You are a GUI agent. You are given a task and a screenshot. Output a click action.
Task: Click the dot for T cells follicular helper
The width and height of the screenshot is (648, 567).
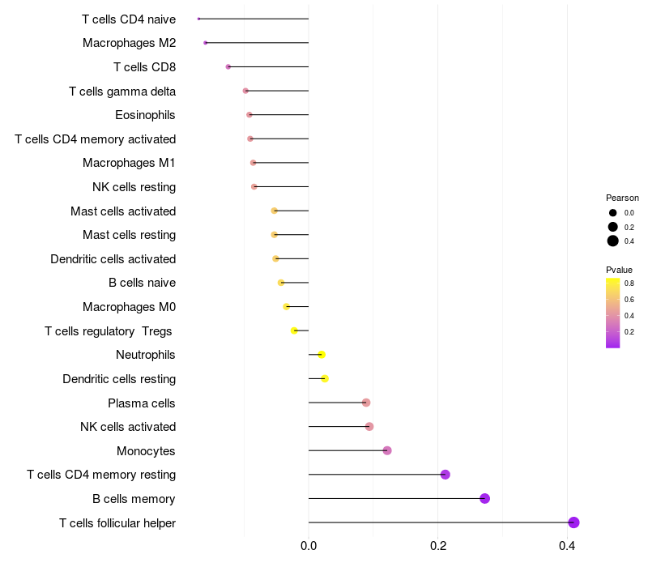(573, 522)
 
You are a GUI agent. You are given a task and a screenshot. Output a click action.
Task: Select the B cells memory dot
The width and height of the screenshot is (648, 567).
(484, 498)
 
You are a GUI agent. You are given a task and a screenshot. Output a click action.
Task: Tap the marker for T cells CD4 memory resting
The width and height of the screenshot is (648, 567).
(445, 475)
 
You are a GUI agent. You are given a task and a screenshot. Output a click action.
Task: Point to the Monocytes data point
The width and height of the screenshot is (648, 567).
(387, 450)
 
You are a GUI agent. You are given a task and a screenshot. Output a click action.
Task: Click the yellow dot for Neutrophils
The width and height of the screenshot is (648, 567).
(322, 355)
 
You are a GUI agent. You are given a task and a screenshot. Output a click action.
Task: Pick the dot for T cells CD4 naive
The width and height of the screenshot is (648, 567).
(198, 19)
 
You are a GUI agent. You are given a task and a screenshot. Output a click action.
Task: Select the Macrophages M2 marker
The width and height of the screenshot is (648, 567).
(206, 42)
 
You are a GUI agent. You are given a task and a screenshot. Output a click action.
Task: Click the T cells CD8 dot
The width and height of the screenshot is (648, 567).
(228, 66)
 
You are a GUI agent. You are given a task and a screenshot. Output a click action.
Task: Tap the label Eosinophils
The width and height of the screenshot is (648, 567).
(145, 115)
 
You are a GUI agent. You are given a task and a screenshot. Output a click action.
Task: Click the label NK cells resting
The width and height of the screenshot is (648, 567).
(134, 187)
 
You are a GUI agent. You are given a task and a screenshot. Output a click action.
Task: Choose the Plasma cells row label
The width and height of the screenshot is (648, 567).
(142, 403)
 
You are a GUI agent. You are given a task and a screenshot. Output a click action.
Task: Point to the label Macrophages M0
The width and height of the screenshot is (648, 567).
(129, 307)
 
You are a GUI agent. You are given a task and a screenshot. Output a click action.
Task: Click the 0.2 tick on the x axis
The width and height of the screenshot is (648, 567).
(438, 545)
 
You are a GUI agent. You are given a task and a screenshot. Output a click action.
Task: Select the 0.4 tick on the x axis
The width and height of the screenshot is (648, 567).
(568, 545)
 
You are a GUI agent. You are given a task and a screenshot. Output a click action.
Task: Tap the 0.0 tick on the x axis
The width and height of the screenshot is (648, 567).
(309, 545)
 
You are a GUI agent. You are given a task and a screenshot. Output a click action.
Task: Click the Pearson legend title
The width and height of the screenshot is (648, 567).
(622, 198)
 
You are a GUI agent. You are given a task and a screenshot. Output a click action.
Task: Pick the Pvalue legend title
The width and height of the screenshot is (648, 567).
(619, 269)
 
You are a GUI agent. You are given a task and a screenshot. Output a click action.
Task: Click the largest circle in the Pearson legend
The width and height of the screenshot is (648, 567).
(613, 241)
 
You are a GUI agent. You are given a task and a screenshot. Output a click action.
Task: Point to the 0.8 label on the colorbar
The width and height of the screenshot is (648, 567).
(629, 283)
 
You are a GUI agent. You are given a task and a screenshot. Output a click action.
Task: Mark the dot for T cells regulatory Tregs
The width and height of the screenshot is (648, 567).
(295, 330)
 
